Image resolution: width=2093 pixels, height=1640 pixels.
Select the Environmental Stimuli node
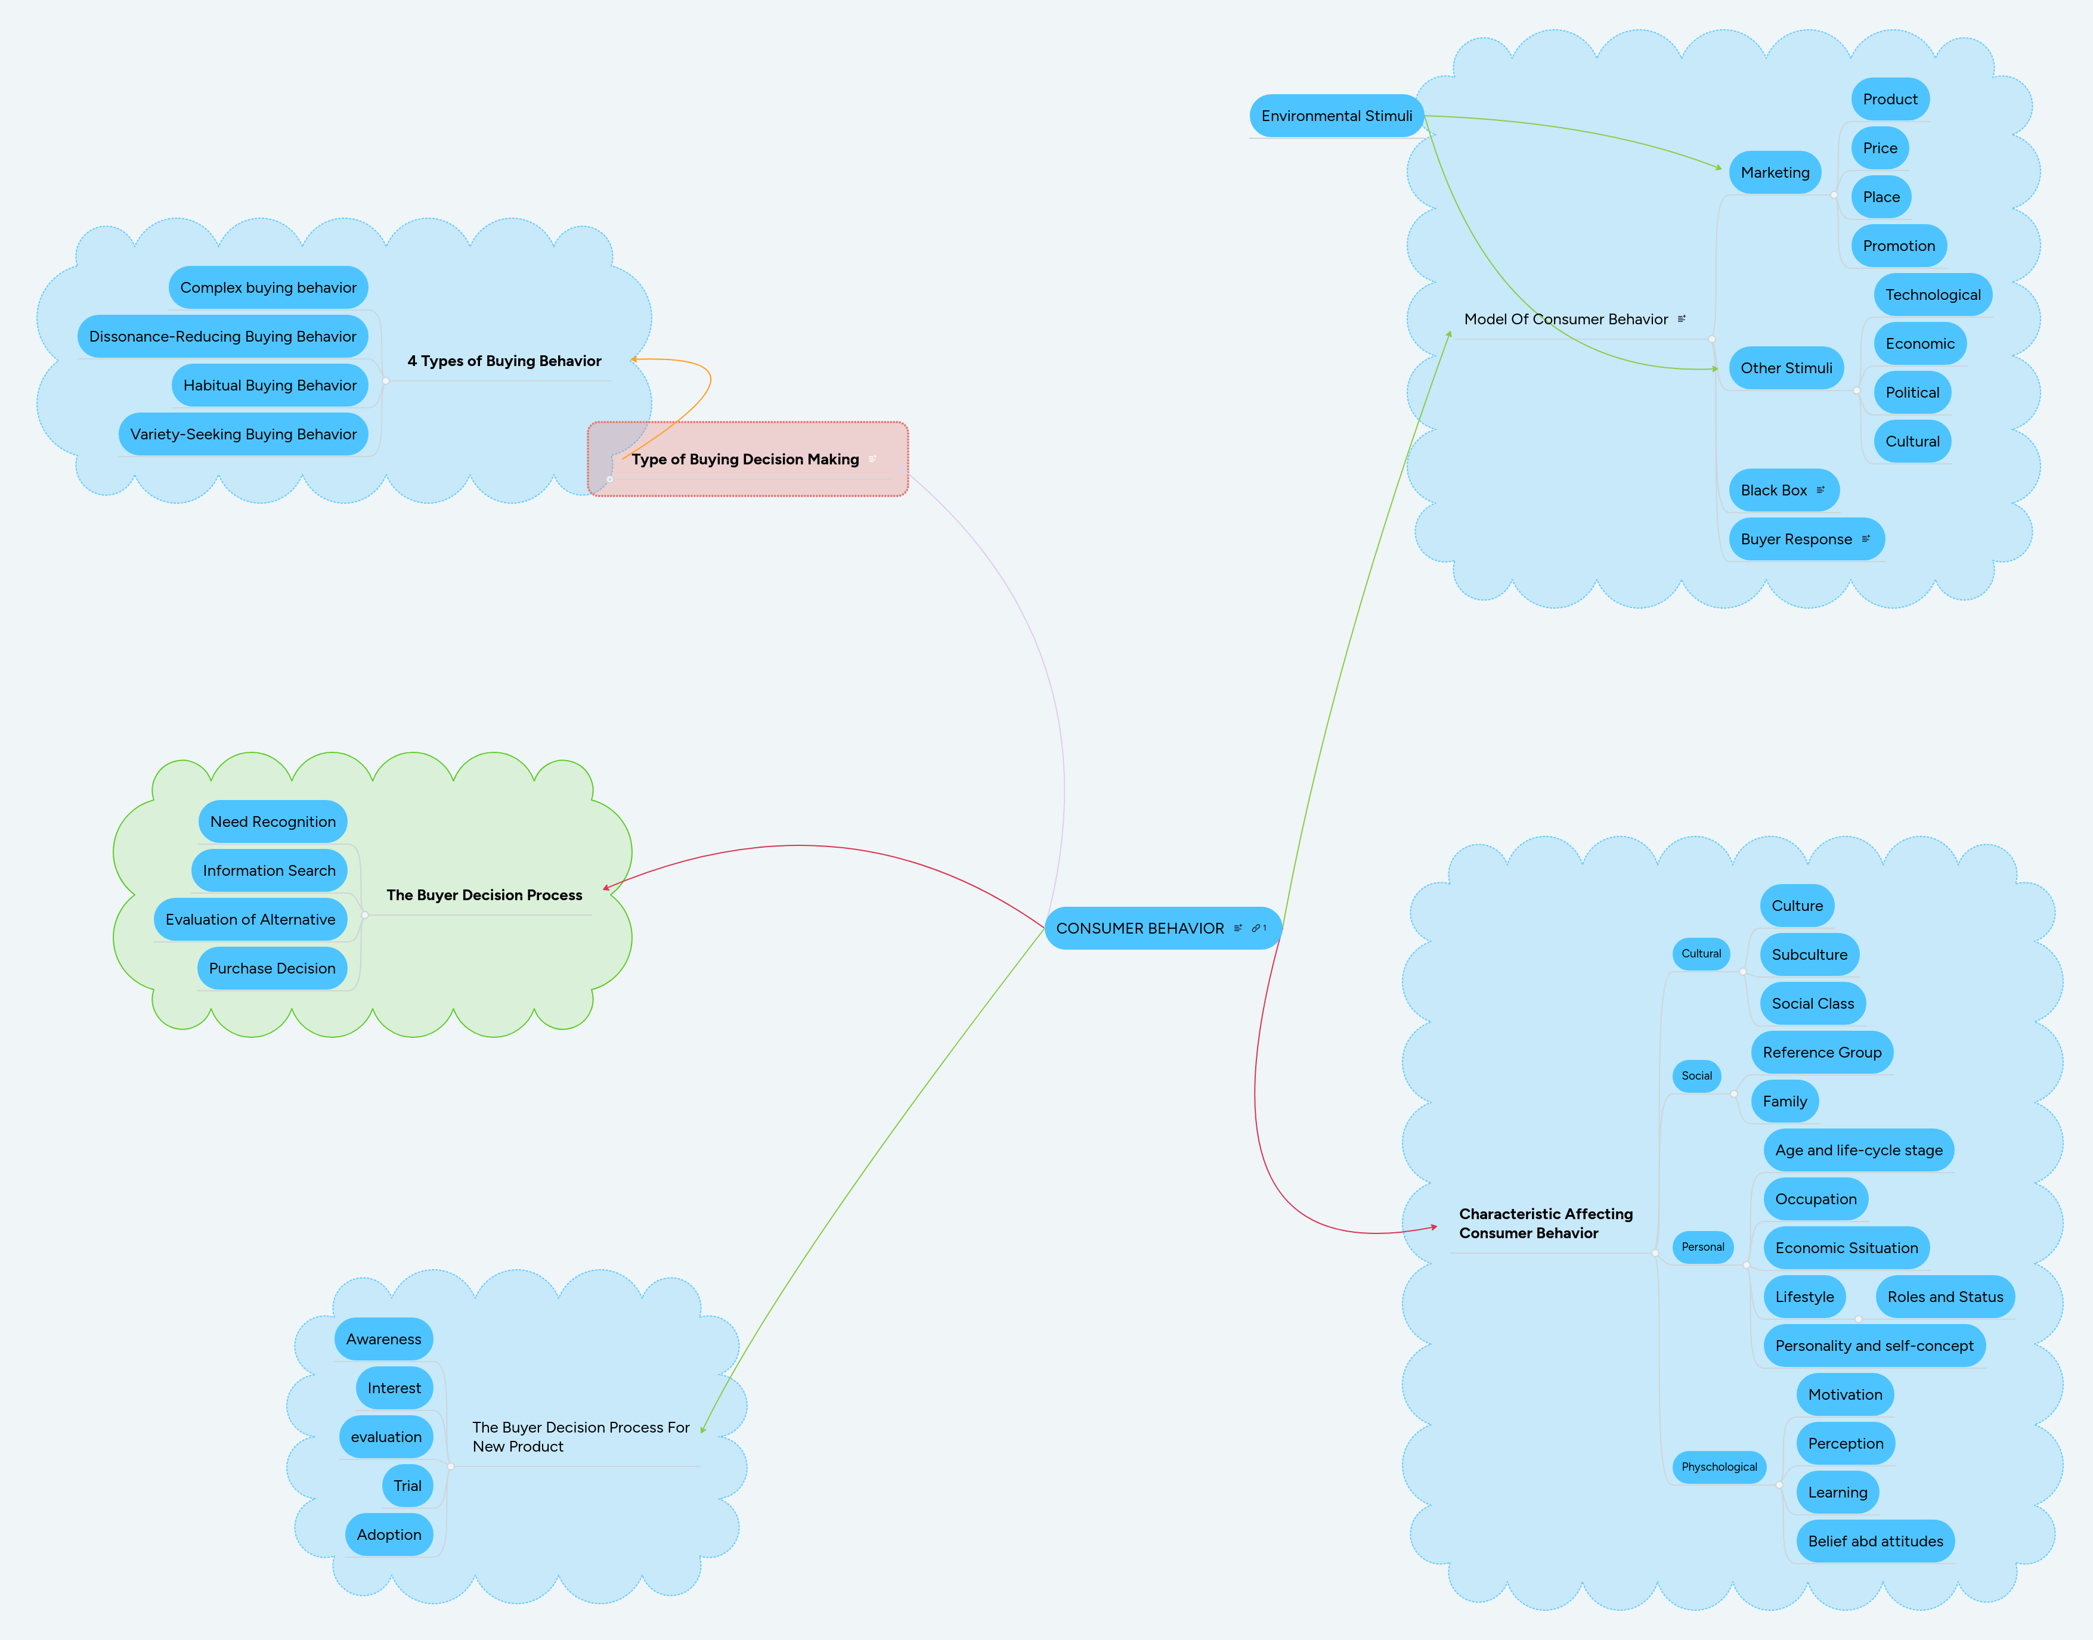[1336, 116]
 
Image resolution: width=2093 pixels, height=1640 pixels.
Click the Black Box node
[1773, 491]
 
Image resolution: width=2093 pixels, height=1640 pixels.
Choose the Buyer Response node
[1795, 540]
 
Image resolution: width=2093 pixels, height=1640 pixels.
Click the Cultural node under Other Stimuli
[1912, 442]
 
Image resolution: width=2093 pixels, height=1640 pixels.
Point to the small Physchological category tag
[1719, 1467]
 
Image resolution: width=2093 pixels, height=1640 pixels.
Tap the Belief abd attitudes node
[1874, 1541]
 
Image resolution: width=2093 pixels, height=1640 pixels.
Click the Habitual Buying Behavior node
[270, 385]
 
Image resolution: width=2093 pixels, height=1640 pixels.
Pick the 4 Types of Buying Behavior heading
[504, 361]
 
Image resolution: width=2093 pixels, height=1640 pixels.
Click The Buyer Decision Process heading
[484, 895]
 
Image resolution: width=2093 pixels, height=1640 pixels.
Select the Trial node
[407, 1486]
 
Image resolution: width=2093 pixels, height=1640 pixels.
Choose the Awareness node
[383, 1340]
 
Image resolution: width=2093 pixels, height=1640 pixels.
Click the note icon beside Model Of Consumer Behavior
[1681, 319]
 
